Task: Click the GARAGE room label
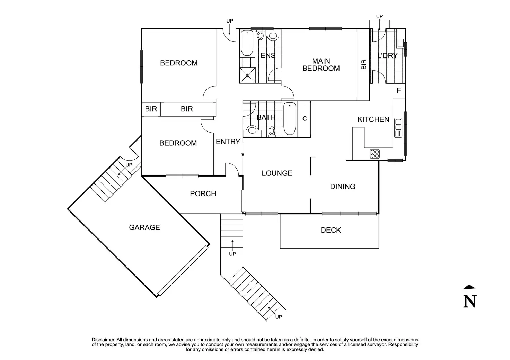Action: [144, 227]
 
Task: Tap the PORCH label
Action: [203, 193]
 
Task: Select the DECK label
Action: [331, 230]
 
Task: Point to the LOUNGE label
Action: [277, 173]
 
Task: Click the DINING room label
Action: [343, 187]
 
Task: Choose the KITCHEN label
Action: [373, 119]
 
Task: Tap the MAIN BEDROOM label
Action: [321, 65]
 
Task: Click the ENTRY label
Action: [228, 142]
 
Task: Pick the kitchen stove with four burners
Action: [375, 153]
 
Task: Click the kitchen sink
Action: [398, 127]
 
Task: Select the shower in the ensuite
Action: [248, 75]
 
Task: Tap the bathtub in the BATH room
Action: [290, 119]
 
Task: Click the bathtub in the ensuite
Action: [247, 43]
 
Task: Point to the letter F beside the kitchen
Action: [399, 91]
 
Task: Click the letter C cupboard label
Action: [305, 119]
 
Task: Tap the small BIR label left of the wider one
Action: [151, 109]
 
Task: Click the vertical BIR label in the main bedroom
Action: [364, 64]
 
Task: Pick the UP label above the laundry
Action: [379, 16]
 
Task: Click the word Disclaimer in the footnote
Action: [103, 340]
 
